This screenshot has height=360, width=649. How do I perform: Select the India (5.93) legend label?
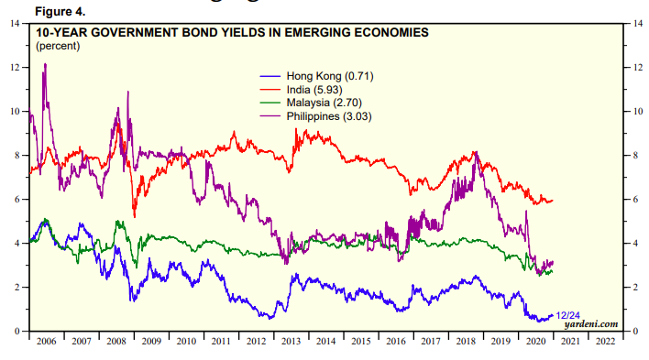coord(314,90)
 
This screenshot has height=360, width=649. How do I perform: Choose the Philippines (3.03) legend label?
coord(329,116)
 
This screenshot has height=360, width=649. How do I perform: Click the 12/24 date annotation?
coord(567,316)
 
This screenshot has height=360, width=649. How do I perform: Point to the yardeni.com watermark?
coord(591,324)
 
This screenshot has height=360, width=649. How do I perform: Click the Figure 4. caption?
coord(60,12)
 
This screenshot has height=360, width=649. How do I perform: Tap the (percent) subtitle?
coord(58,46)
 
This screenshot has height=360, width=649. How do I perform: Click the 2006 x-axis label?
coord(47,342)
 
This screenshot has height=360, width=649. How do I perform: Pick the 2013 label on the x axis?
coord(291,342)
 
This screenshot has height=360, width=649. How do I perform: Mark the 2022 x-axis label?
coord(605,342)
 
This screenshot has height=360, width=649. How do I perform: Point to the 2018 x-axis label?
coord(466,342)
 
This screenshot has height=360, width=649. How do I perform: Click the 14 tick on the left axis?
coord(15,24)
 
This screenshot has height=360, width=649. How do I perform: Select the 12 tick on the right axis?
coord(637,68)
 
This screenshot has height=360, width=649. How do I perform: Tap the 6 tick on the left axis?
coord(17,200)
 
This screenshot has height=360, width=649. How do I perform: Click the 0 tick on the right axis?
coord(635,331)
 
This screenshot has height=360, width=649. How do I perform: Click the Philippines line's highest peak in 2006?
coord(45,64)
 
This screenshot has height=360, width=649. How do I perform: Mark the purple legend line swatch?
coord(270,116)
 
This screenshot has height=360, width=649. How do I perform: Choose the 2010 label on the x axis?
coord(186,342)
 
